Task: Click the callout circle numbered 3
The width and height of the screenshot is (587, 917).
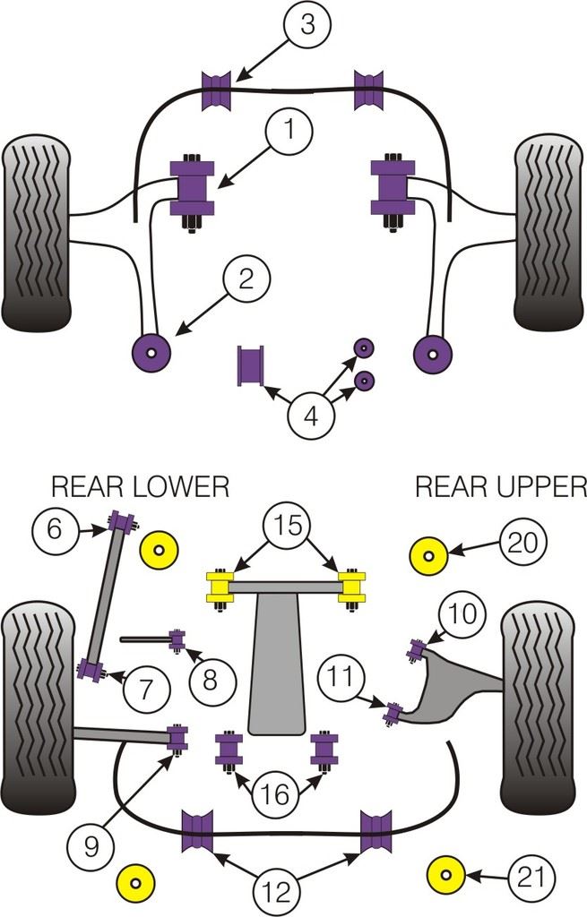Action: tap(307, 25)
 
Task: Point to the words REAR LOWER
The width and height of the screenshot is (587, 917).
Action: tap(140, 486)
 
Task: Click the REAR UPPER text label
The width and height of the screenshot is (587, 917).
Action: tap(500, 486)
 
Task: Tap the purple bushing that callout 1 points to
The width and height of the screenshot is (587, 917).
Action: tap(193, 189)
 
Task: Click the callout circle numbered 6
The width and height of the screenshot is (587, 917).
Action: tap(56, 528)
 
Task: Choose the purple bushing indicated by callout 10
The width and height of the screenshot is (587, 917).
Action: tap(417, 647)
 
